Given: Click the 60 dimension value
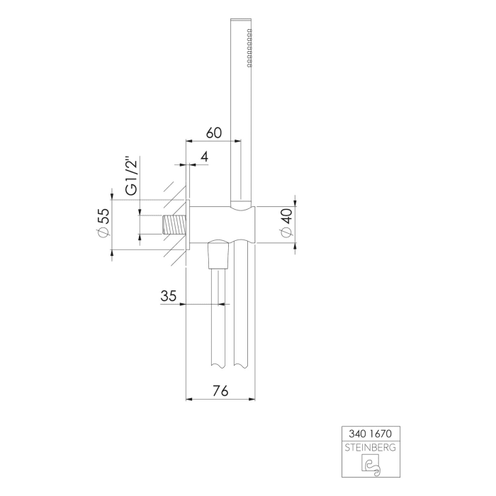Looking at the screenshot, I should click(215, 133).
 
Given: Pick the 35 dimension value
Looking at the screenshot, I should click(168, 296).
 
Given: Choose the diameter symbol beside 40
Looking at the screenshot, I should click(286, 237).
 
